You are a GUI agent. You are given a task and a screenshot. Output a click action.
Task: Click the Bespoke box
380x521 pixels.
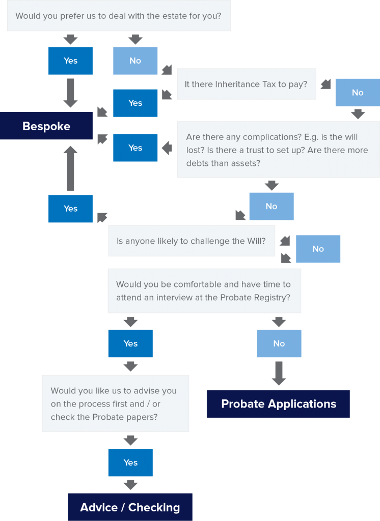pyautogui.click(x=46, y=126)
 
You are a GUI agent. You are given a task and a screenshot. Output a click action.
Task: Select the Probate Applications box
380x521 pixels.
pyautogui.click(x=278, y=403)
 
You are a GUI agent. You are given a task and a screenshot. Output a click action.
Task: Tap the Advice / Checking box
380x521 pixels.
pyautogui.click(x=130, y=507)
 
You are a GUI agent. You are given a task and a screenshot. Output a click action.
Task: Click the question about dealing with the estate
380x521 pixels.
pyautogui.click(x=119, y=16)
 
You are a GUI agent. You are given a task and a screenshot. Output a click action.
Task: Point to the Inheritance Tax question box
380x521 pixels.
pyautogui.click(x=247, y=84)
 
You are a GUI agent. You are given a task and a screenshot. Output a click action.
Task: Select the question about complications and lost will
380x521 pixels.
pyautogui.click(x=279, y=150)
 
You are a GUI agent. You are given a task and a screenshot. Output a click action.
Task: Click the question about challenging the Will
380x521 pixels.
pyautogui.click(x=192, y=241)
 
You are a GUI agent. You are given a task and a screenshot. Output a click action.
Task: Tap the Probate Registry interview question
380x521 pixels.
pyautogui.click(x=204, y=291)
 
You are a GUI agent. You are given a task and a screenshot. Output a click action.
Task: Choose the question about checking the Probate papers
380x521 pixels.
pyautogui.click(x=116, y=403)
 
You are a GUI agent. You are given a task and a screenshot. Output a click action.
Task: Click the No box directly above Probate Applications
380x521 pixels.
pyautogui.click(x=279, y=343)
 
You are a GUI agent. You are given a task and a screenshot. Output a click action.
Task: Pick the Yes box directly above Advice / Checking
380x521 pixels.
pyautogui.click(x=130, y=462)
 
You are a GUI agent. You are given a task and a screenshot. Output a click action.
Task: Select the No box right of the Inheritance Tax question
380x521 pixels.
pyautogui.click(x=358, y=93)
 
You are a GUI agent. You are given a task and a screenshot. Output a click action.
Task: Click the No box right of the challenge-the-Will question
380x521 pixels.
pyautogui.click(x=318, y=249)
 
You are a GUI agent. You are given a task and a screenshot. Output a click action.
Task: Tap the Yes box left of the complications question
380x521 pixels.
pyautogui.click(x=135, y=148)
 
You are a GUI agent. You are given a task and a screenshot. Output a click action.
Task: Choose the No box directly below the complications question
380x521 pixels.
pyautogui.click(x=272, y=207)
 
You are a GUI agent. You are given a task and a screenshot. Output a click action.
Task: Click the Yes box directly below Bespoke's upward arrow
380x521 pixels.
pyautogui.click(x=70, y=209)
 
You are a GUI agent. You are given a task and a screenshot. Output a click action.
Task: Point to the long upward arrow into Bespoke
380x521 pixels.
pyautogui.click(x=70, y=168)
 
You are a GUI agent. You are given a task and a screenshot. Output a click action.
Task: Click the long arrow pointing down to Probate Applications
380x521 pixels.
pyautogui.click(x=279, y=373)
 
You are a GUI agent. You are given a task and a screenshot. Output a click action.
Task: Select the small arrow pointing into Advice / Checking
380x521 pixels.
pyautogui.click(x=130, y=485)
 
